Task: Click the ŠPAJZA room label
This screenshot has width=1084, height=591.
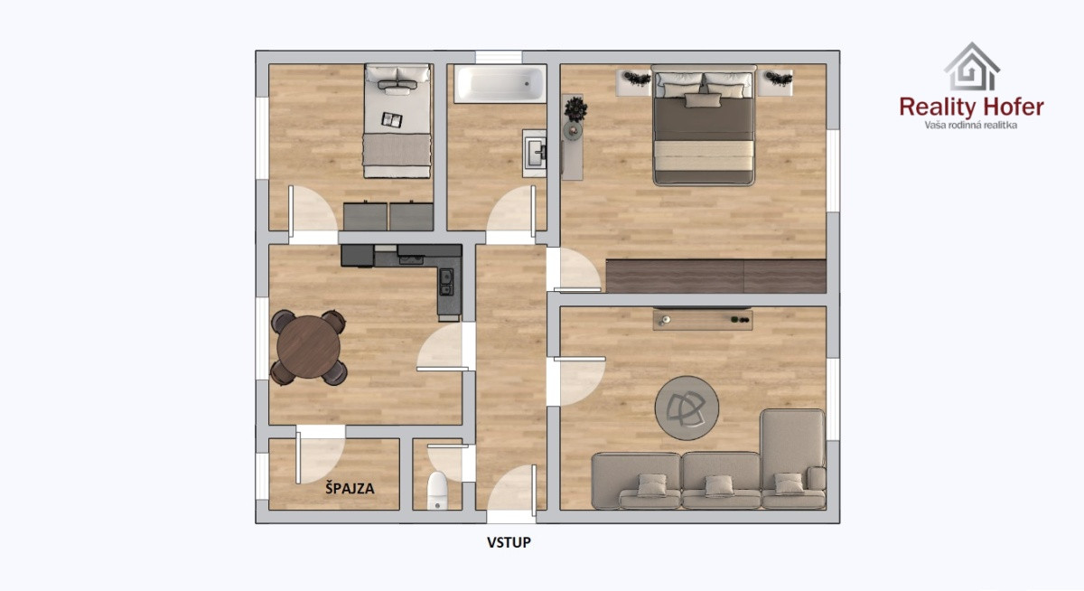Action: (350, 488)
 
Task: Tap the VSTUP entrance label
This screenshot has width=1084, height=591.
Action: (509, 542)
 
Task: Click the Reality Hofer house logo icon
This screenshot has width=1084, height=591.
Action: (972, 67)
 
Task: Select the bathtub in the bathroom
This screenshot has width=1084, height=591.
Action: (500, 84)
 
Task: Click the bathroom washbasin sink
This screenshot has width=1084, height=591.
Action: (534, 153)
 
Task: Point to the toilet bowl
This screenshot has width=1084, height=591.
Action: (437, 491)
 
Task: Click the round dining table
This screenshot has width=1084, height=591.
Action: (308, 347)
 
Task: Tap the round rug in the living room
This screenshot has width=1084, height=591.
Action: (687, 408)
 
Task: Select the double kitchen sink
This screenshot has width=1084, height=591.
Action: (445, 282)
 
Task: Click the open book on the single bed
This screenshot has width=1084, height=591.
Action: (391, 119)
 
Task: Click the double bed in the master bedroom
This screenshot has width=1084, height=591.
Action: (703, 126)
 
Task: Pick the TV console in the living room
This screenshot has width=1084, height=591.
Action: (703, 320)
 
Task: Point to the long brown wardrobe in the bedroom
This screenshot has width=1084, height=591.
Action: (715, 276)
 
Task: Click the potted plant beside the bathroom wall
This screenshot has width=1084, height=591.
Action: (575, 108)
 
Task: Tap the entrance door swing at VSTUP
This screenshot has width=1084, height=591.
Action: (511, 488)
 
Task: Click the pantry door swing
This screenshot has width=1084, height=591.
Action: (320, 455)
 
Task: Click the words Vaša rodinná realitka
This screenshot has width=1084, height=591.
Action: (971, 125)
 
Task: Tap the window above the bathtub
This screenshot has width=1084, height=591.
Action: (499, 57)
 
